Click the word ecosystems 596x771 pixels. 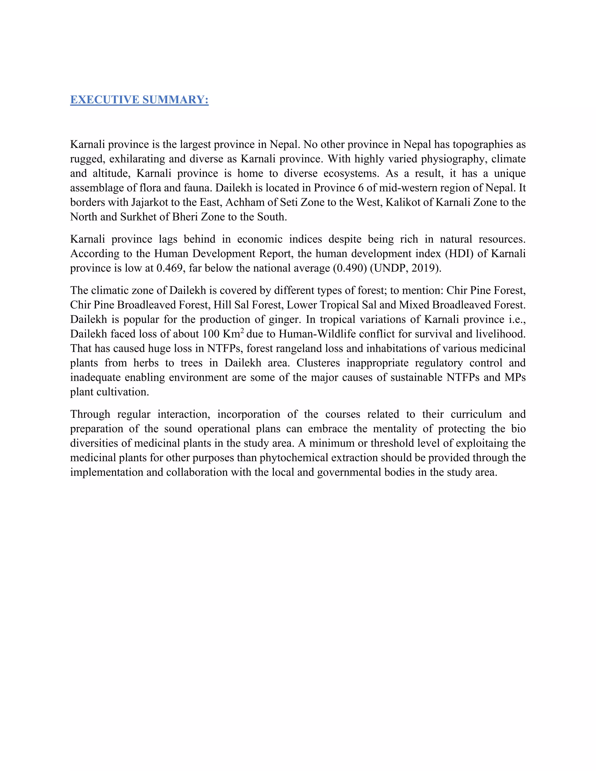click(351, 173)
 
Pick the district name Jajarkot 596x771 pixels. click(150, 202)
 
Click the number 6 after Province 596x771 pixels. click(361, 188)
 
